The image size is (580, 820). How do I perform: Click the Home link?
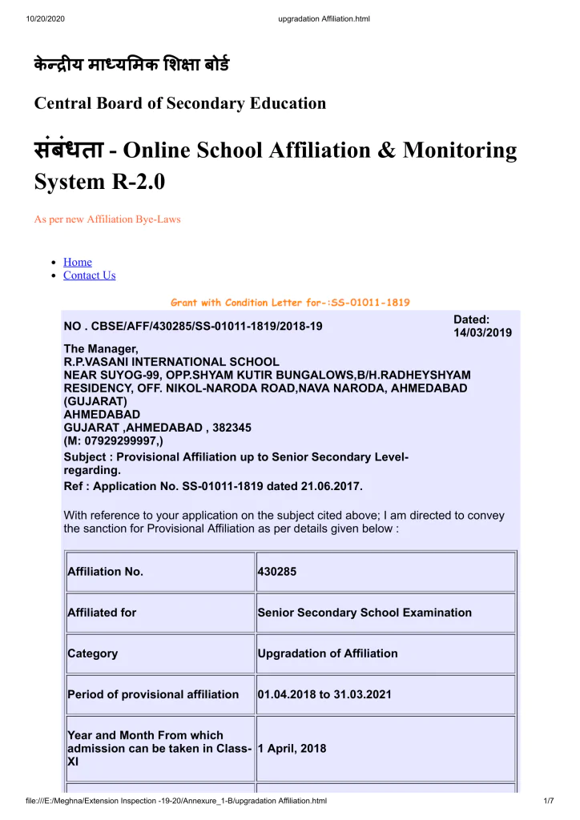77,262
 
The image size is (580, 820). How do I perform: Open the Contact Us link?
89,275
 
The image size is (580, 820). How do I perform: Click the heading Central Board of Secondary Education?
179,103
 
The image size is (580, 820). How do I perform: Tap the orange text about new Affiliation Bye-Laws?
107,219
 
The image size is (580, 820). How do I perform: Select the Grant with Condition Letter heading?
290,303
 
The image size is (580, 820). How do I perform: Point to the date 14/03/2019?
482,332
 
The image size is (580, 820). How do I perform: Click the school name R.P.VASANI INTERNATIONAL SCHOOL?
171,362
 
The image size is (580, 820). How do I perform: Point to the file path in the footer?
176,801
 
